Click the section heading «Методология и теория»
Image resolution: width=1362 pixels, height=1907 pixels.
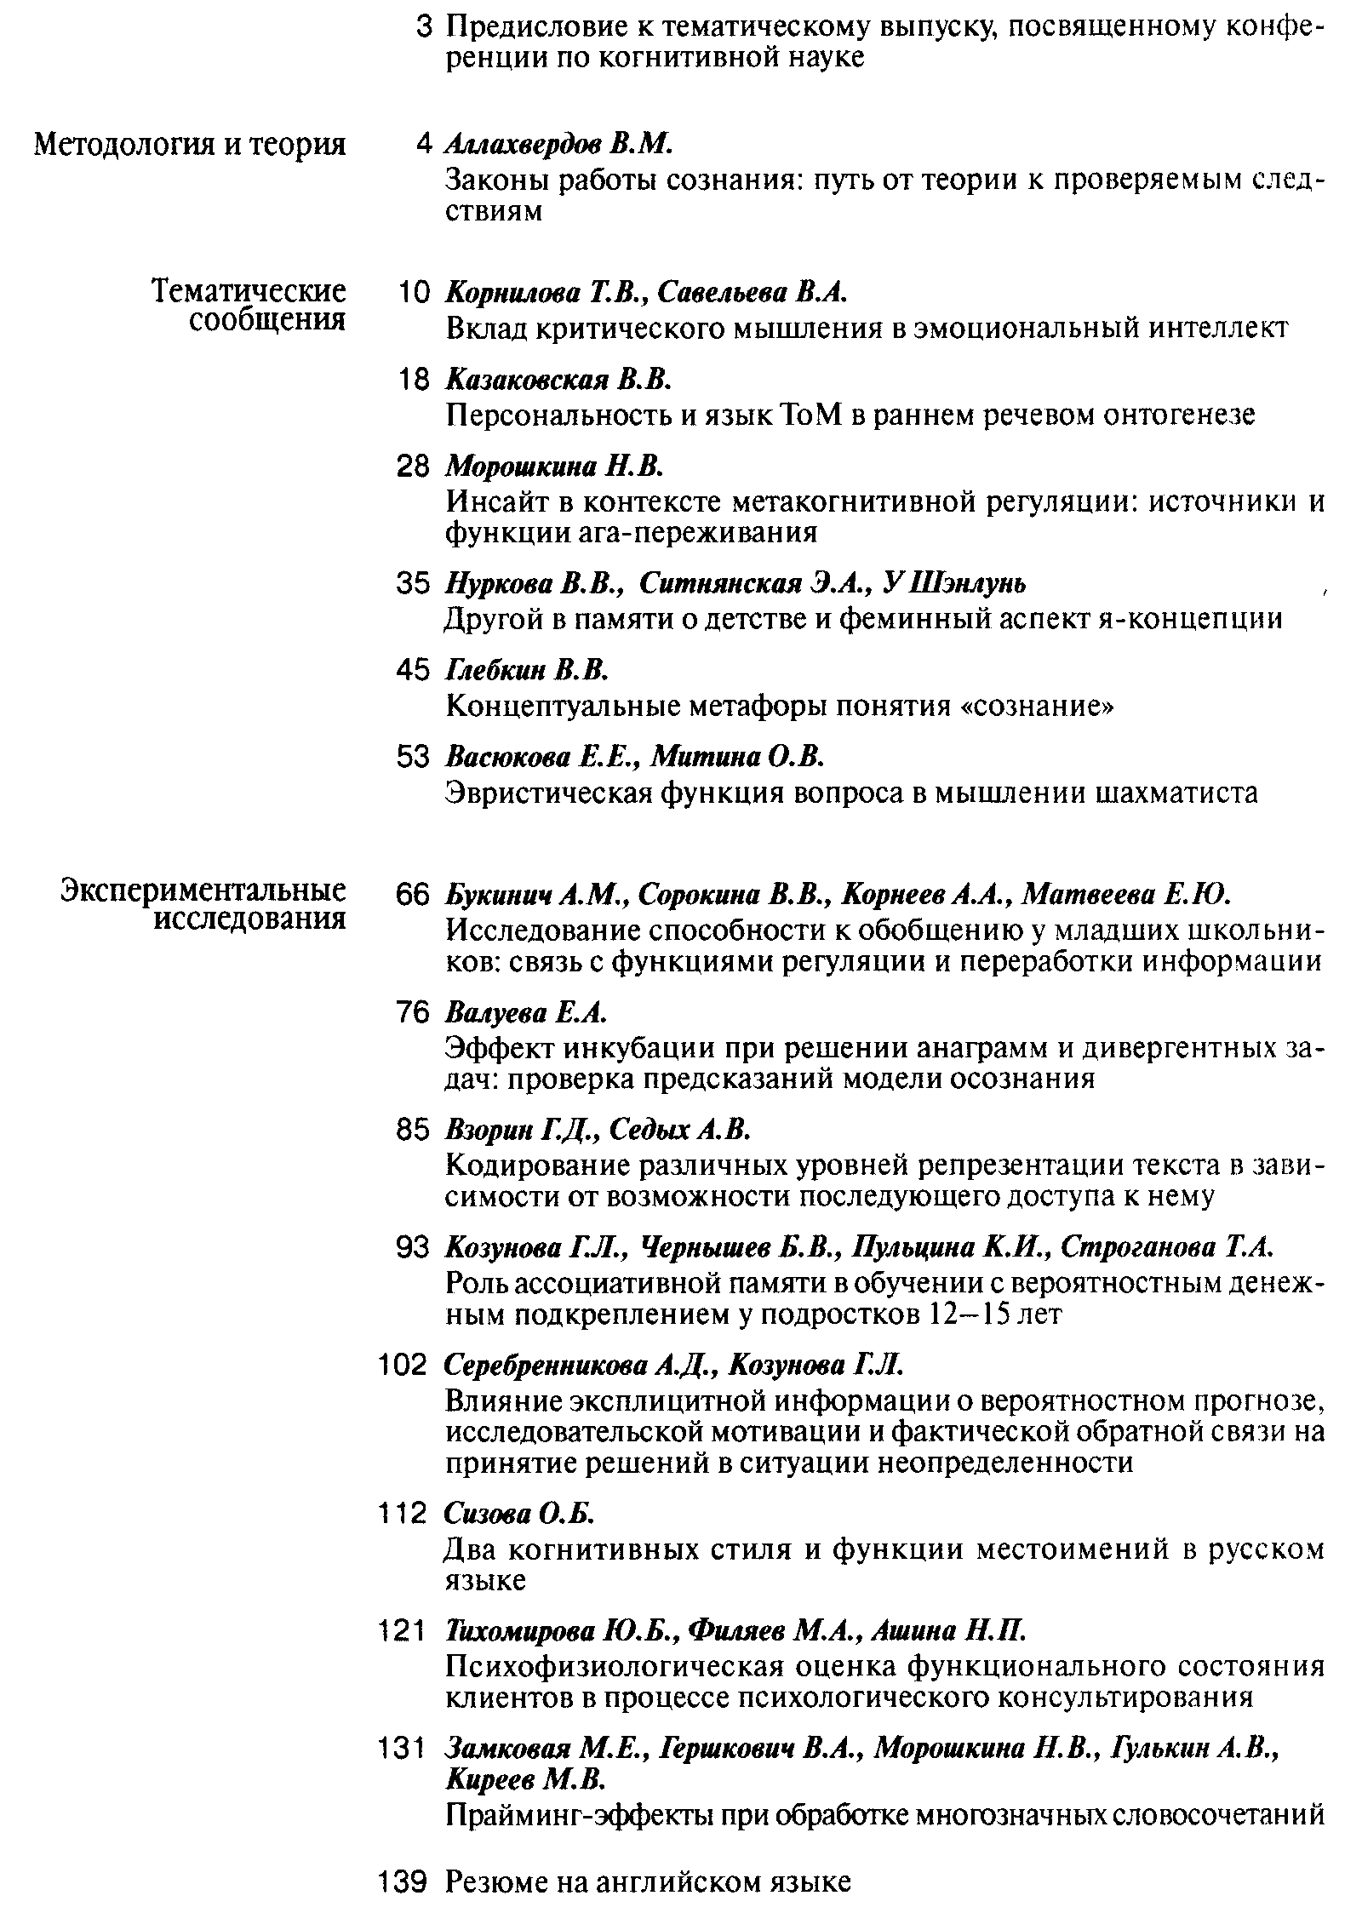click(x=190, y=145)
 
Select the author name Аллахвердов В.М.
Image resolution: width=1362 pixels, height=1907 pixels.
click(x=559, y=145)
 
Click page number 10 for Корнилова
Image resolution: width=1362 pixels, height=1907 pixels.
click(x=415, y=293)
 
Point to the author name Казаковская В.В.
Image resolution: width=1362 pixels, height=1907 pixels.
click(x=559, y=380)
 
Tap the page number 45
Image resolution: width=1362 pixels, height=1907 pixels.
click(x=415, y=671)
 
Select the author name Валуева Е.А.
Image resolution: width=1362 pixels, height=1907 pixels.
click(x=525, y=1013)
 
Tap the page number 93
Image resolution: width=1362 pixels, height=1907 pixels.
click(x=415, y=1248)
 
